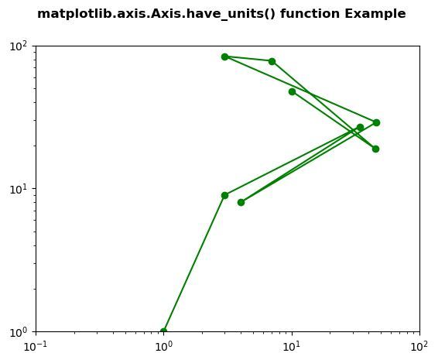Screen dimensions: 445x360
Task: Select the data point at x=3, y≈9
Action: (x=224, y=196)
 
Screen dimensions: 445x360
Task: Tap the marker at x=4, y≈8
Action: (x=241, y=202)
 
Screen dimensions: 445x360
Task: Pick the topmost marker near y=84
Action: (x=224, y=57)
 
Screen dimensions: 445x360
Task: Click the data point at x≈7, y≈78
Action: (x=272, y=62)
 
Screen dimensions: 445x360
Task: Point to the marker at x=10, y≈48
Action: (x=292, y=91)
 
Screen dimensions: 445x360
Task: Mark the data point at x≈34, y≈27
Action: (x=360, y=127)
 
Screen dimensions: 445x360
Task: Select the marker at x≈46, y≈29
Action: (x=376, y=122)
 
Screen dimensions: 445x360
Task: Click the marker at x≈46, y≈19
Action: (x=376, y=149)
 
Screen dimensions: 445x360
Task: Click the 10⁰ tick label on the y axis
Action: (x=18, y=332)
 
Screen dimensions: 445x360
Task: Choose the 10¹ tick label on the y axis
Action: (x=18, y=189)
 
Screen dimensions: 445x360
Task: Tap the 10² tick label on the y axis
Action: (x=18, y=46)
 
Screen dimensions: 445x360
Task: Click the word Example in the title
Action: (x=375, y=14)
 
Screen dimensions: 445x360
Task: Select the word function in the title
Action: (x=310, y=13)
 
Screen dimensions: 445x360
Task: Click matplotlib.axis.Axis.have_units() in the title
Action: (x=156, y=14)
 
